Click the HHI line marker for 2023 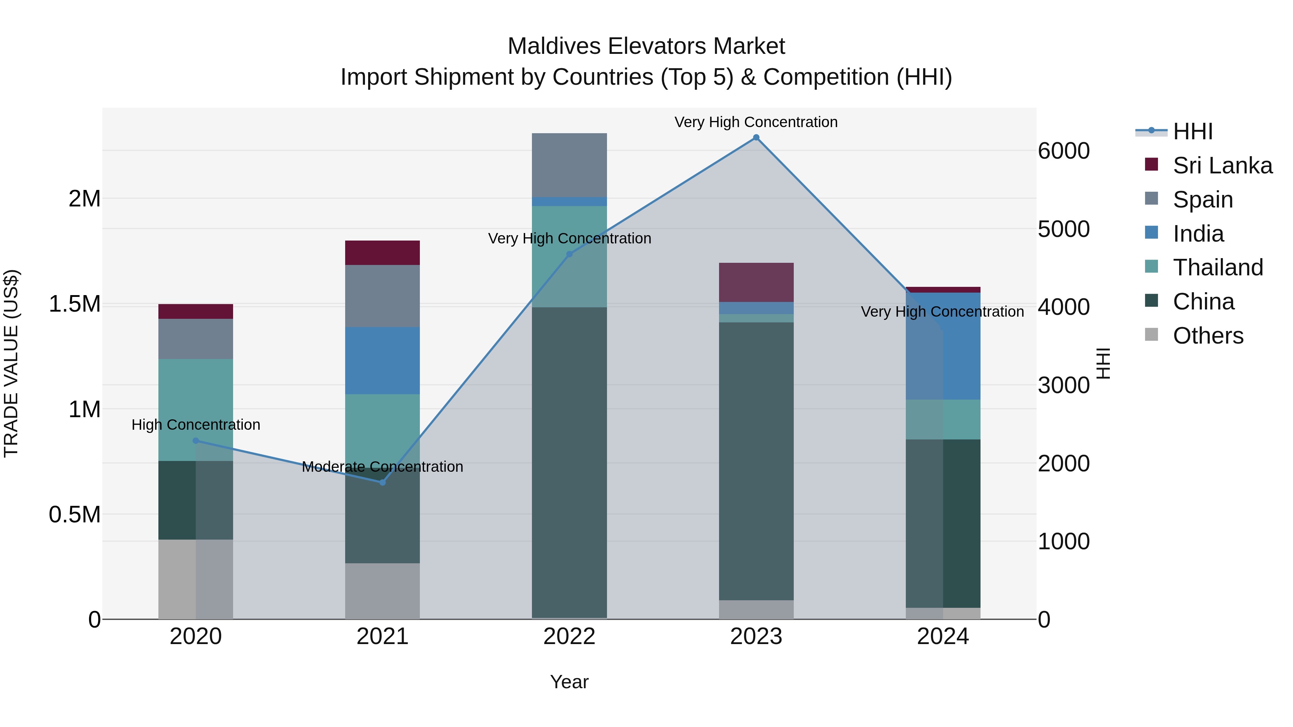click(756, 138)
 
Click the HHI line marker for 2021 click(383, 482)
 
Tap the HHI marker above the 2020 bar click(196, 441)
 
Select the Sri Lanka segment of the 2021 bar click(383, 253)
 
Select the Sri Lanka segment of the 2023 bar click(756, 282)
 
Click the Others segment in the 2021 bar click(383, 591)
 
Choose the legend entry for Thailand click(1217, 267)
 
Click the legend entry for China click(1203, 302)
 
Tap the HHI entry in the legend click(1192, 131)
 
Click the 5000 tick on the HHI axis click(1063, 229)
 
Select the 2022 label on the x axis click(569, 637)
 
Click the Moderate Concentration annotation click(383, 467)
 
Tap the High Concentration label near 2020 click(196, 425)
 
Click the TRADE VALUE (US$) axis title click(11, 363)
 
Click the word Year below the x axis click(569, 682)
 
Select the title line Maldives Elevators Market click(646, 46)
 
